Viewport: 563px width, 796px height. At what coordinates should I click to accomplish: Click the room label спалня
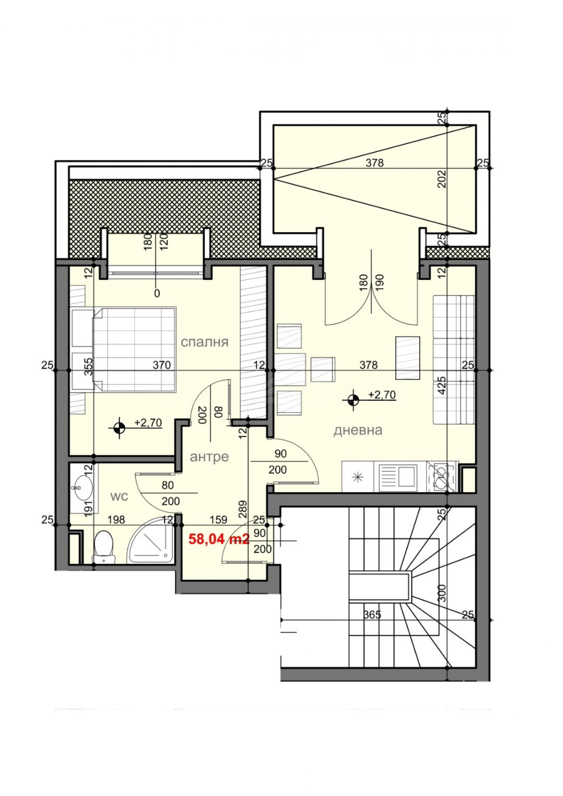(x=205, y=342)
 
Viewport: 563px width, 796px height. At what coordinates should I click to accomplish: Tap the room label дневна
(x=358, y=430)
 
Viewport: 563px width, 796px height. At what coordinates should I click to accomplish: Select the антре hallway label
(x=209, y=457)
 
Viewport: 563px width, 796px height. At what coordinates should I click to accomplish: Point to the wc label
(x=119, y=497)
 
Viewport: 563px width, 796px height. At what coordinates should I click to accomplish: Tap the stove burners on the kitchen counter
(x=442, y=476)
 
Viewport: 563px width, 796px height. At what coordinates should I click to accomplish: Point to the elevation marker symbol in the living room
(x=353, y=399)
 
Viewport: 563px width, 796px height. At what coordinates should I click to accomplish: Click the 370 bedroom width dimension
(x=162, y=365)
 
